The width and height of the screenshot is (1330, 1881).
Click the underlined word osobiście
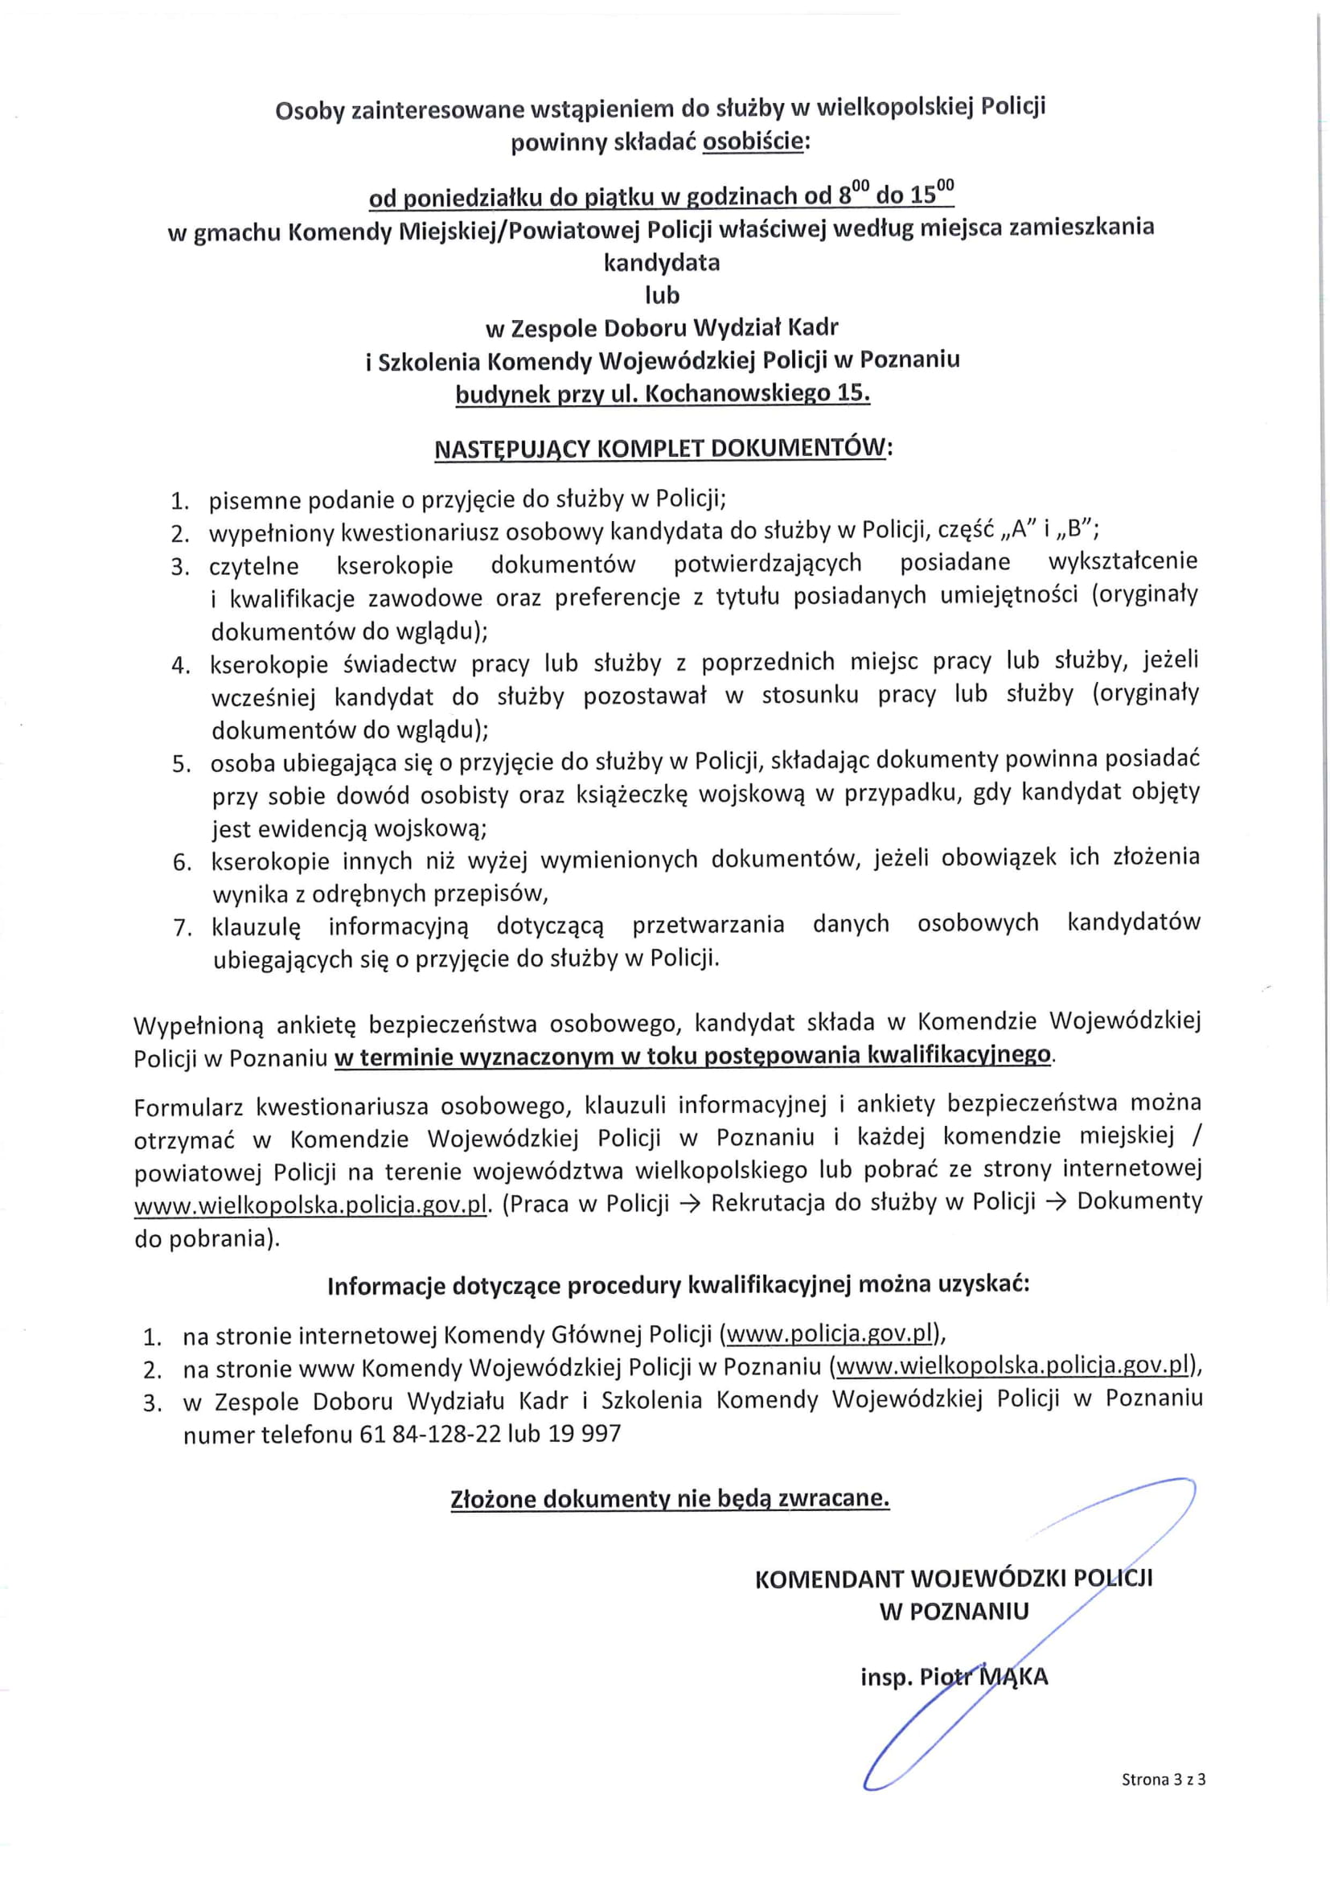tap(754, 142)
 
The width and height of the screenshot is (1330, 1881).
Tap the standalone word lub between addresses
tap(662, 295)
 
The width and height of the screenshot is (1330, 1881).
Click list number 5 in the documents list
tap(181, 764)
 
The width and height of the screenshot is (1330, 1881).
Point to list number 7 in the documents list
tap(182, 928)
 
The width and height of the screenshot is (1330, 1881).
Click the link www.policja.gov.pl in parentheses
tap(830, 1335)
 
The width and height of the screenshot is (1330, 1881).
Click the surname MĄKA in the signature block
tap(1014, 1676)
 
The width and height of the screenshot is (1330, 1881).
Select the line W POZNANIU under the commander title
tap(954, 1612)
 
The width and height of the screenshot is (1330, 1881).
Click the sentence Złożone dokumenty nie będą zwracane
tap(669, 1498)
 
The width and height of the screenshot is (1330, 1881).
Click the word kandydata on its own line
tap(662, 262)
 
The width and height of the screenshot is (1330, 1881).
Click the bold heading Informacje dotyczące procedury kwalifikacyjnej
tap(677, 1284)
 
